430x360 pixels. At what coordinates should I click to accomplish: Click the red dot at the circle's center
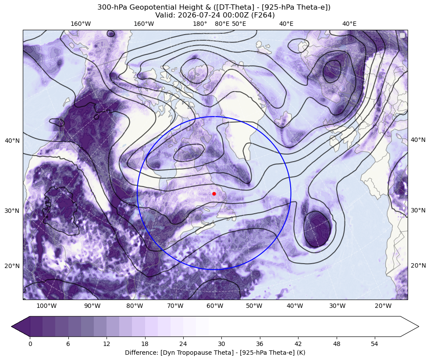click(x=214, y=194)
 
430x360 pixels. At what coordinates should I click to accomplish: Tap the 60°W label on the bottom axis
click(x=215, y=306)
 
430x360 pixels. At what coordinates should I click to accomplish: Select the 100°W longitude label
click(x=46, y=306)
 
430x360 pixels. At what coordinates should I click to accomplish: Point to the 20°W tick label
click(x=383, y=306)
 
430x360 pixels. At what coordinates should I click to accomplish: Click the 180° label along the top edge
click(x=200, y=24)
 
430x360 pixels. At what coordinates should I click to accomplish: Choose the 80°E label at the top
click(x=222, y=24)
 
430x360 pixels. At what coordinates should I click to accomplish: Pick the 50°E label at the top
click(x=239, y=24)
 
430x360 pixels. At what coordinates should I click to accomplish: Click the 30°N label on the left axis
click(x=12, y=211)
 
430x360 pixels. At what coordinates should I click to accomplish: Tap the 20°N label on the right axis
click(x=418, y=265)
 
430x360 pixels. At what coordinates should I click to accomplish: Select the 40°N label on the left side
click(x=12, y=141)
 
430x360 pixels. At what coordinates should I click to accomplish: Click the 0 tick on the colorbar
click(x=30, y=344)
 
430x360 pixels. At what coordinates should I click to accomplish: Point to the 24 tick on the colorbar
click(x=183, y=344)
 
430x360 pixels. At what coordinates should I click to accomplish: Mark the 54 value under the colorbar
click(x=374, y=344)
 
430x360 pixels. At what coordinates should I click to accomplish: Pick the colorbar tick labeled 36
click(x=259, y=344)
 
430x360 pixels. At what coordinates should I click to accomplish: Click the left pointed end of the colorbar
click(x=11, y=326)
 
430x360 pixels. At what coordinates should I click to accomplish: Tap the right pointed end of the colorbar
click(x=419, y=326)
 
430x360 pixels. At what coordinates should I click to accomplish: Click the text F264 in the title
click(x=264, y=15)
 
